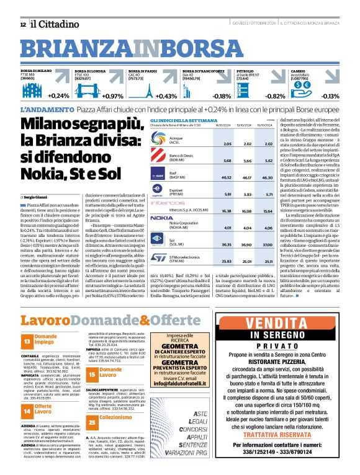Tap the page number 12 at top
[23, 24]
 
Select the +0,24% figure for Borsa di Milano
[58, 96]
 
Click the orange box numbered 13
[27, 341]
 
